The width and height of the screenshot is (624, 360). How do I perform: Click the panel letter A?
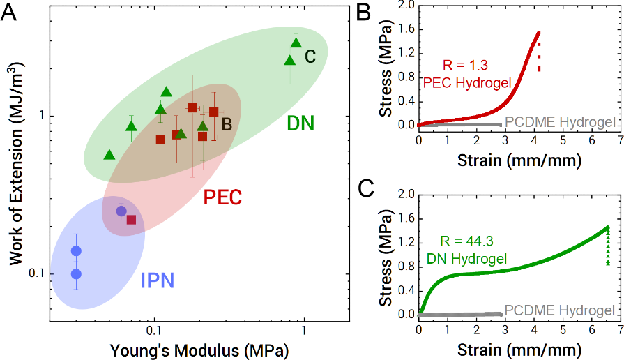click(x=12, y=13)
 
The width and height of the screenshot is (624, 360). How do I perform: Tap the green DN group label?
click(x=301, y=124)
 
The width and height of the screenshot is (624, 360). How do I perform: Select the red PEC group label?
click(x=222, y=198)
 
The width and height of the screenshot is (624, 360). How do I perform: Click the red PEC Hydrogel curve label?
click(x=468, y=82)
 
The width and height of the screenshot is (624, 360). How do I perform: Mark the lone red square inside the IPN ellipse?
click(x=131, y=220)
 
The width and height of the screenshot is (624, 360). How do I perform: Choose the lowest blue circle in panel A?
click(x=76, y=274)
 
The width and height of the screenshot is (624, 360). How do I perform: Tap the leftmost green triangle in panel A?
click(x=109, y=155)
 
